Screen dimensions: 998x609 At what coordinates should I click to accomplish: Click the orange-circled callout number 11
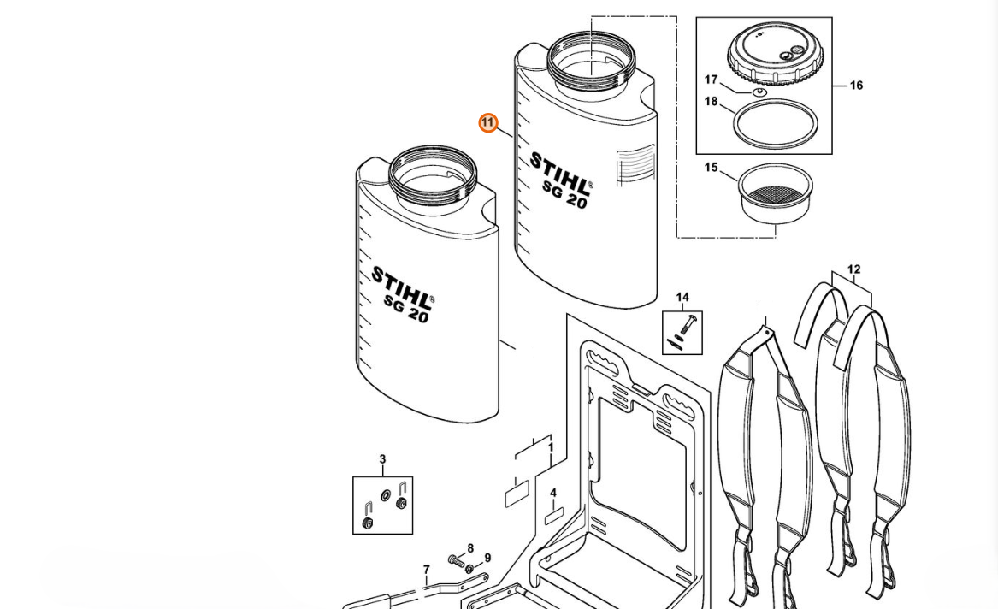488,123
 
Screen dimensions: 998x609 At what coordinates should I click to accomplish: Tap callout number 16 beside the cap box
856,86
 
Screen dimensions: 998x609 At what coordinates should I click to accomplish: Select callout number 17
711,80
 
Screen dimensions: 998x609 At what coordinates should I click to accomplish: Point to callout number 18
711,101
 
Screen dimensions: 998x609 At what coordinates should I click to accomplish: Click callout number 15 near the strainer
711,168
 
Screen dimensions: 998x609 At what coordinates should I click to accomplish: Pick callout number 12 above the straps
853,269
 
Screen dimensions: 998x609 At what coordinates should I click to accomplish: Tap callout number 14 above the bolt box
682,297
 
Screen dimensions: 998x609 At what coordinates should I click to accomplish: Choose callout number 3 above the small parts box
382,459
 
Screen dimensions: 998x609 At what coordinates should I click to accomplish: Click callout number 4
553,493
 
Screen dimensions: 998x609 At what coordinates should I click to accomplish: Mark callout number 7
427,570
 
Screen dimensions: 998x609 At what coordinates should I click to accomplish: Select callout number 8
470,548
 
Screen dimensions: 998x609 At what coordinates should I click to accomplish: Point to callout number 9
487,558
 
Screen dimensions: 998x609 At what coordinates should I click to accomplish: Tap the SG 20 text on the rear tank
564,195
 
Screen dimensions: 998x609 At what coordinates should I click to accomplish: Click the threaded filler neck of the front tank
432,172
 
